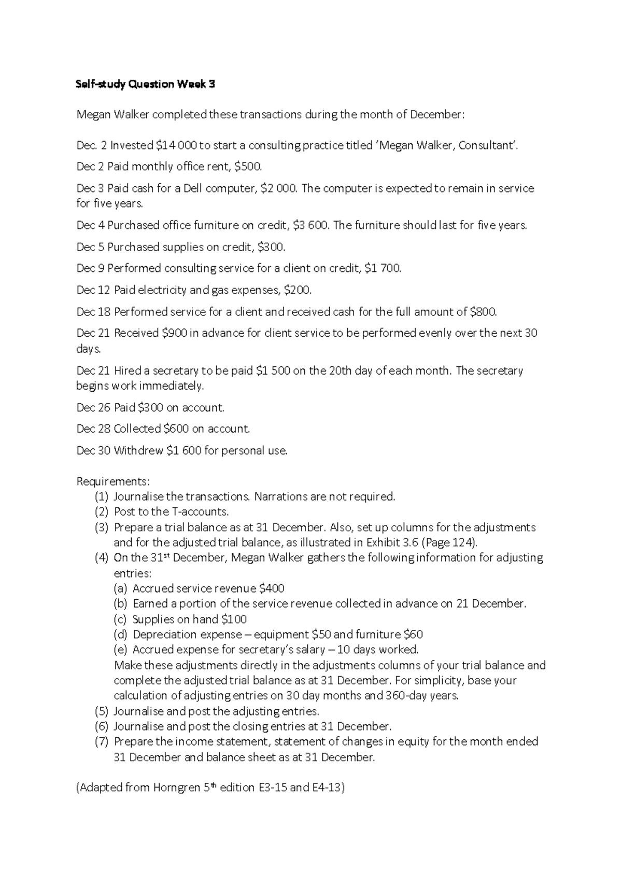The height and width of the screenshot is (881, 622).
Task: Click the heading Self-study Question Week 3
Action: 146,85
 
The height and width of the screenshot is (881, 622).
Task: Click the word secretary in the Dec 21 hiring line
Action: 172,371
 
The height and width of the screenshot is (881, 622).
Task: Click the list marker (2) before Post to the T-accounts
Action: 102,512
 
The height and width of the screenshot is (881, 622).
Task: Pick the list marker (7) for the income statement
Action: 102,742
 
